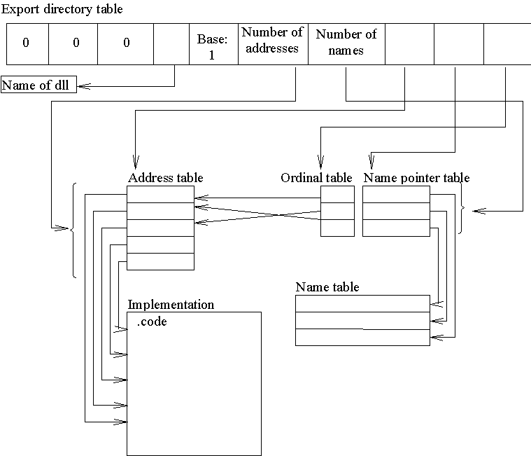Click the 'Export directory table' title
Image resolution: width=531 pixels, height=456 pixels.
tap(62, 9)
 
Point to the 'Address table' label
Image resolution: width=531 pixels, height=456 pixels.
tap(165, 178)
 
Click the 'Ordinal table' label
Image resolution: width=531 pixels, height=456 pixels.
tap(316, 178)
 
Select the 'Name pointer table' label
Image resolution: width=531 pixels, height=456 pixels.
tap(416, 178)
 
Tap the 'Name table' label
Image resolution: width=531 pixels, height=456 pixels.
tap(327, 287)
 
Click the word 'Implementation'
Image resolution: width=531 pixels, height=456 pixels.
tap(171, 305)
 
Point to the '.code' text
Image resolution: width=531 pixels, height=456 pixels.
tap(152, 322)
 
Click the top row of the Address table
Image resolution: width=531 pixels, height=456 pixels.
tap(160, 194)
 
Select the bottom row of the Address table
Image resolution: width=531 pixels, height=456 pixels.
tap(160, 261)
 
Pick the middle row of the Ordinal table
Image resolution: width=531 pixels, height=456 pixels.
tap(337, 211)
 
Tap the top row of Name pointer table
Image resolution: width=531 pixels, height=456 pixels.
tap(396, 194)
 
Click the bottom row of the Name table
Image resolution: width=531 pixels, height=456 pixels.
tap(362, 337)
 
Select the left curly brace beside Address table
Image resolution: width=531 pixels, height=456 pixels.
tap(73, 229)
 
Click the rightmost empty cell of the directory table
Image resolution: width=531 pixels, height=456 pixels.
tap(507, 43)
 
